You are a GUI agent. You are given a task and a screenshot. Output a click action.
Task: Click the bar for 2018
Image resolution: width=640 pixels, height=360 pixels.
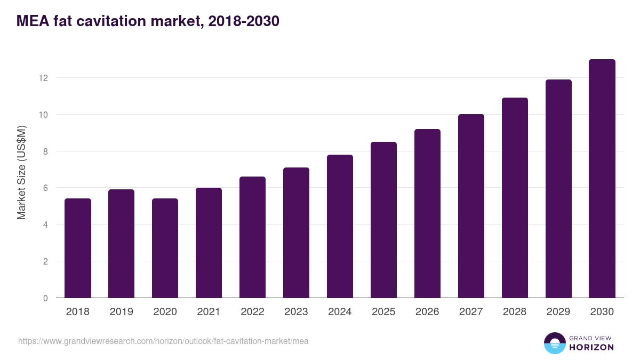78,248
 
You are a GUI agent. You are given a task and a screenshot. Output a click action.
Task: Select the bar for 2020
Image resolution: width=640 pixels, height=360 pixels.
165,248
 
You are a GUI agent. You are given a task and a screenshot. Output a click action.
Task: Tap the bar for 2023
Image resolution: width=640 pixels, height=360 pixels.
296,233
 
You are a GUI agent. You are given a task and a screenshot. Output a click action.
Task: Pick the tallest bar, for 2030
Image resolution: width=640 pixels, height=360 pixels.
602,179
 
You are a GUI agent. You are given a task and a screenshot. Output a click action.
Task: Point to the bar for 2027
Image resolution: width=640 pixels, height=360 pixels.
471,206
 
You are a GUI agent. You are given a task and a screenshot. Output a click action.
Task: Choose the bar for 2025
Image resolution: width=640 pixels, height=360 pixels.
383,220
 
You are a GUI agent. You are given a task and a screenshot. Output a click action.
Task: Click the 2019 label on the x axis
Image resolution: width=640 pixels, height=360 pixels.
122,312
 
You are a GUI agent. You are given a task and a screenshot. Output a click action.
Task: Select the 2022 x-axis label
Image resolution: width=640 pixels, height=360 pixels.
252,312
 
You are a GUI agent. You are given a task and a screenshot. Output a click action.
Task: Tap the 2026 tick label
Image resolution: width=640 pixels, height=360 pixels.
427,312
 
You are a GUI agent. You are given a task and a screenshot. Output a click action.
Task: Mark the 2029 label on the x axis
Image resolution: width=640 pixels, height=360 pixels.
558,312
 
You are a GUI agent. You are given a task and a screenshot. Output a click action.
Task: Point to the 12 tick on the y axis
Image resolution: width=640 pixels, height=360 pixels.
43,78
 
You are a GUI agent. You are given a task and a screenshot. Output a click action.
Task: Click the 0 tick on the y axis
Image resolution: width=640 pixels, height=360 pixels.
45,298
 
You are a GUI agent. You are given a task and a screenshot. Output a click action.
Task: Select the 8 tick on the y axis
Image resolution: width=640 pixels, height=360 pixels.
45,151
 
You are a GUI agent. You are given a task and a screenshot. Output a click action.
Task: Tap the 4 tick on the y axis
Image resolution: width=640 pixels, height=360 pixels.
45,225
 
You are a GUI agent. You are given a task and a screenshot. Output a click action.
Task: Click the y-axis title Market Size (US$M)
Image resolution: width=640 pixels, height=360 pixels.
21,172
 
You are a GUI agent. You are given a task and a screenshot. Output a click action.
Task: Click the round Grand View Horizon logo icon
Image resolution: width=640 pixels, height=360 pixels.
554,343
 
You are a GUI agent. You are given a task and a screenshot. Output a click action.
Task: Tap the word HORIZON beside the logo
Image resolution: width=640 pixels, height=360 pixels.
591,347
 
